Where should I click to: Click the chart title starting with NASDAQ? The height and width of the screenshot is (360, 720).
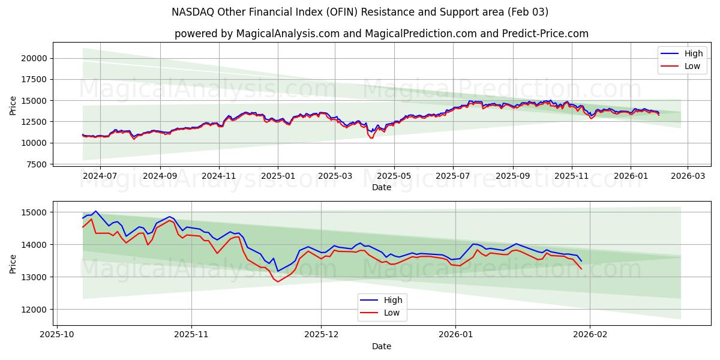(x=360, y=12)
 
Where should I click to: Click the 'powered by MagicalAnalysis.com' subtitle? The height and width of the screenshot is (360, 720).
(x=381, y=34)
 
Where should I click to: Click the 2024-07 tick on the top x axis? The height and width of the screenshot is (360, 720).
(x=100, y=176)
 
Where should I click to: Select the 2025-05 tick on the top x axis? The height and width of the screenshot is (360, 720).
(x=394, y=176)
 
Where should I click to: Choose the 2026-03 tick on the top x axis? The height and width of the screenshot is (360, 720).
(x=688, y=176)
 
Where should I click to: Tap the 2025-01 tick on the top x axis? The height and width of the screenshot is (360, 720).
(x=277, y=176)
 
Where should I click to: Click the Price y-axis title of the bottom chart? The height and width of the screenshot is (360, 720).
(x=13, y=263)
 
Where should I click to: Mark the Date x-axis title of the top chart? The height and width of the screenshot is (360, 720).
(x=381, y=187)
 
